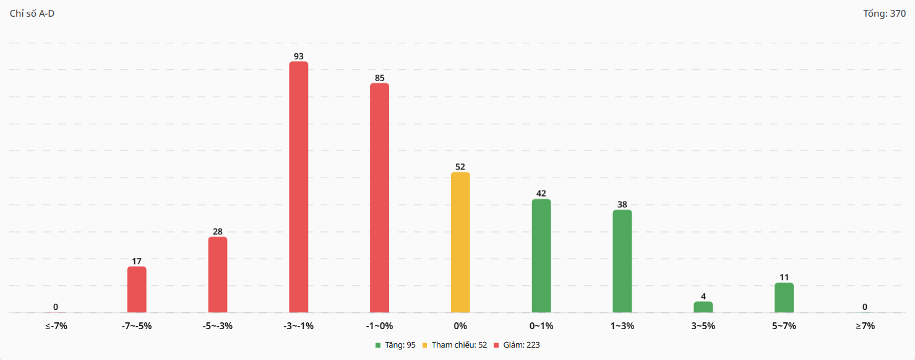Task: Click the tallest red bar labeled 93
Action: click(299, 187)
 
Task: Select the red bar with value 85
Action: click(379, 198)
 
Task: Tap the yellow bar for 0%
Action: click(460, 242)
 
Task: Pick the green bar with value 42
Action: click(541, 255)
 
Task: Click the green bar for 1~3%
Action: click(622, 261)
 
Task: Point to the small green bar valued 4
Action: click(703, 307)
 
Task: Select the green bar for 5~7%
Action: click(784, 298)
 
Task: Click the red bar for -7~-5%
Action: click(137, 289)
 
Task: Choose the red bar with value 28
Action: click(218, 275)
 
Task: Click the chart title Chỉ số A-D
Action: click(32, 14)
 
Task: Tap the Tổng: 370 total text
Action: click(884, 14)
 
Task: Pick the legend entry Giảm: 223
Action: click(520, 345)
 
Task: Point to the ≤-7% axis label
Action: click(56, 326)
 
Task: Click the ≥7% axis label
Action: click(865, 326)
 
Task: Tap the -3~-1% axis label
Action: click(299, 326)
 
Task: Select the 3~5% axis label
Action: click(703, 326)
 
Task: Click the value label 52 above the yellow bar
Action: click(460, 167)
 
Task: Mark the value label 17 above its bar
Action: click(137, 261)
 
